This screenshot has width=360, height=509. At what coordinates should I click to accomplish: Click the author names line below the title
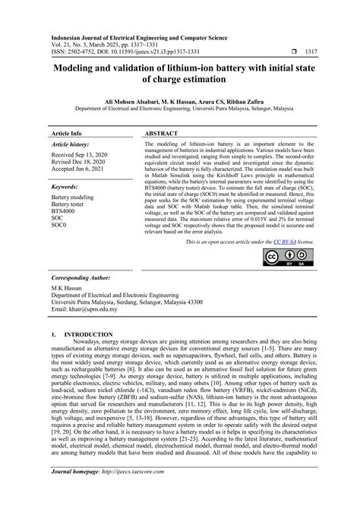[x=179, y=100]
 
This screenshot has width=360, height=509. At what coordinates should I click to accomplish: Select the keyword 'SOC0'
[x=59, y=226]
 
